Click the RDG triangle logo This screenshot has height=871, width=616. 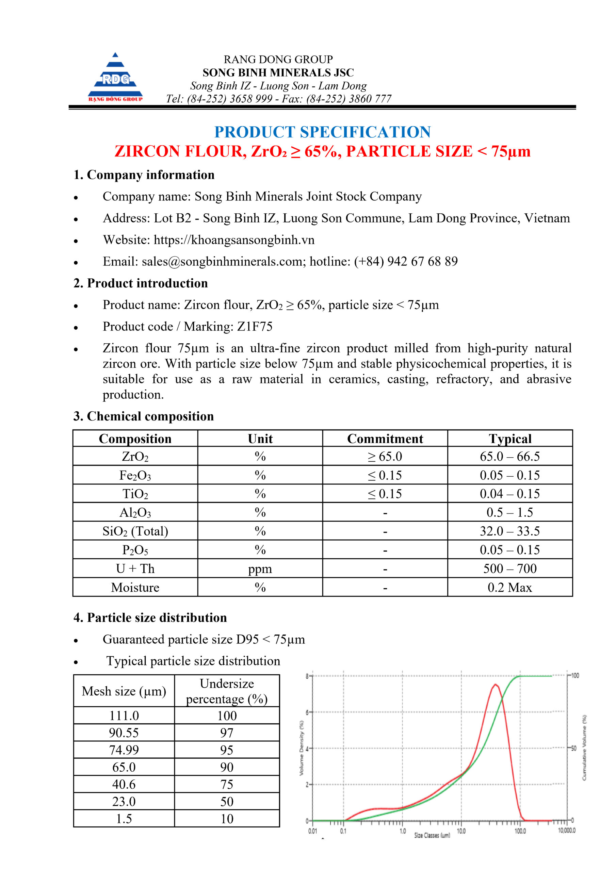115,77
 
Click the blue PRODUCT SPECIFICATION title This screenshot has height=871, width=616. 322,132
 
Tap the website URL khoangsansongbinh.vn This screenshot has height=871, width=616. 234,240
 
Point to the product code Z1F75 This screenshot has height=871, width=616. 255,327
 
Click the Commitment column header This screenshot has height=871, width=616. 385,439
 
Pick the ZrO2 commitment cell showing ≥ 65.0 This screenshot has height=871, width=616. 385,456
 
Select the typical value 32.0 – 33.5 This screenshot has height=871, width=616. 510,531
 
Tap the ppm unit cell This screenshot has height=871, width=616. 260,569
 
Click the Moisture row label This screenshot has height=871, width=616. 135,588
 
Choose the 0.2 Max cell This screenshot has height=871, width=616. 510,588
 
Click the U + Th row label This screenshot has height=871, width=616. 135,569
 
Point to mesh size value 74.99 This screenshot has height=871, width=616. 124,750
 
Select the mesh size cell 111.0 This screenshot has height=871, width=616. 124,716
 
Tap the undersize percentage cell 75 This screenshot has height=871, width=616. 227,785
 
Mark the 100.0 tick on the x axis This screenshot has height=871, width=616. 520,831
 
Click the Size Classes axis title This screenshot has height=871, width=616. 432,835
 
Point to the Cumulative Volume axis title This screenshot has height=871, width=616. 584,748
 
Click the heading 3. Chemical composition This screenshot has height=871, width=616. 144,416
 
